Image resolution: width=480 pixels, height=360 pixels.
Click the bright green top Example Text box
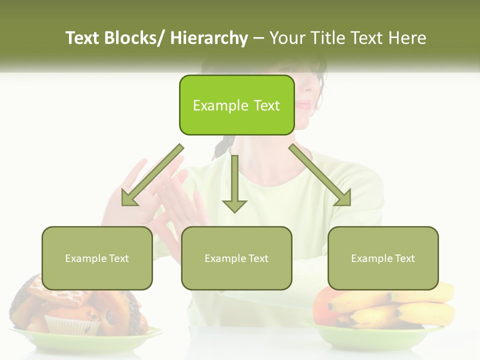pos(236,105)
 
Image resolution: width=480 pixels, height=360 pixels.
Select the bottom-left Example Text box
pos(97,258)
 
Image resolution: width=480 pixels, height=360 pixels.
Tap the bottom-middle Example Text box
pos(236,258)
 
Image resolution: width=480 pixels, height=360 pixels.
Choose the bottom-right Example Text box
pos(383,258)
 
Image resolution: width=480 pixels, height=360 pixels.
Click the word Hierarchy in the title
pos(209,38)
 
